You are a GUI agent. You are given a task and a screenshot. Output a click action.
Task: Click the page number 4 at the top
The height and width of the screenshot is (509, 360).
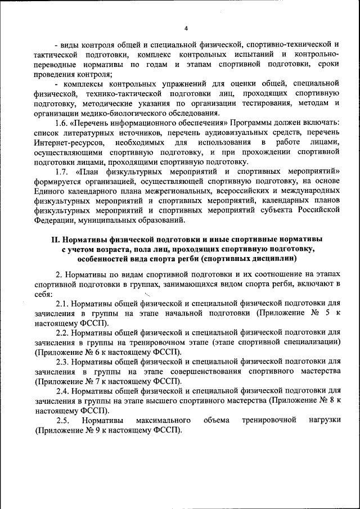pyautogui.click(x=186, y=29)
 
